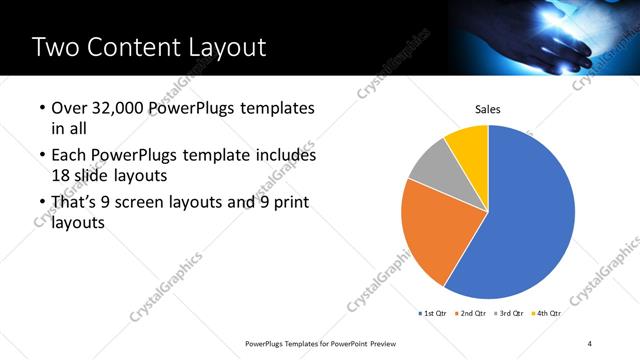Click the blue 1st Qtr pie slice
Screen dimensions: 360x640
pyautogui.click(x=530, y=220)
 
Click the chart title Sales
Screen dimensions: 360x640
pyautogui.click(x=487, y=110)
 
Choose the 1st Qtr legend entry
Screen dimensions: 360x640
pyautogui.click(x=432, y=313)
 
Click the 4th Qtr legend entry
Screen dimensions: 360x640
pyautogui.click(x=547, y=313)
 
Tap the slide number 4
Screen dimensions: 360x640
pyautogui.click(x=590, y=344)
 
